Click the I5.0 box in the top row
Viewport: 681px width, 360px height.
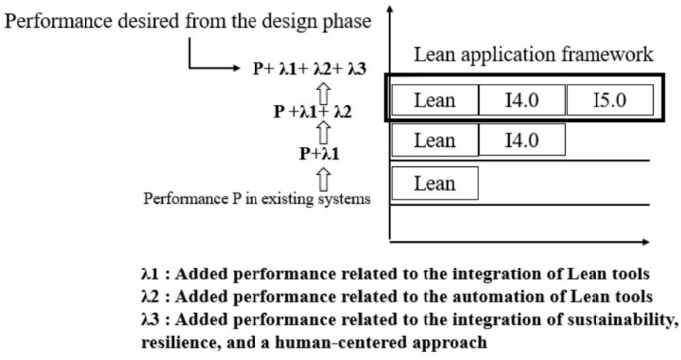pyautogui.click(x=608, y=100)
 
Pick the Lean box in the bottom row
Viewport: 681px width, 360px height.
pyautogui.click(x=434, y=183)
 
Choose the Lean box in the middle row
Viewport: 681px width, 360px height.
pyautogui.click(x=434, y=140)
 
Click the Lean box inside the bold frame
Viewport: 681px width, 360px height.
pyautogui.click(x=434, y=100)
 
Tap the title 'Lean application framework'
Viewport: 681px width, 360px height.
pyautogui.click(x=533, y=55)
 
